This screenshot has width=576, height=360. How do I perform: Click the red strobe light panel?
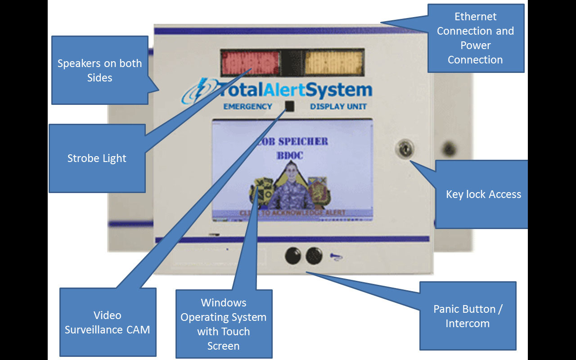click(x=251, y=63)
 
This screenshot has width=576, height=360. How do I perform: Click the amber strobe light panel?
click(x=334, y=63)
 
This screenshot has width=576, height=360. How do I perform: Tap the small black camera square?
click(x=289, y=106)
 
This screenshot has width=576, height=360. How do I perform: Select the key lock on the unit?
click(x=403, y=149)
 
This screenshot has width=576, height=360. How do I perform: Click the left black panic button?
click(x=293, y=256)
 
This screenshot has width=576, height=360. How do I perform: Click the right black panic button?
click(x=314, y=256)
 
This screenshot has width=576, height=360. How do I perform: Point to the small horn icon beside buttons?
click(x=336, y=256)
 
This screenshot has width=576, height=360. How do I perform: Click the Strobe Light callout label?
click(x=97, y=158)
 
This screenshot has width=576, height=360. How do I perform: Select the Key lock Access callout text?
click(x=483, y=194)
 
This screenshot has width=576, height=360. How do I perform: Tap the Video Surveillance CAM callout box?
click(x=108, y=322)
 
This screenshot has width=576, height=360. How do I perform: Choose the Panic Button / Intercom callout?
click(x=468, y=316)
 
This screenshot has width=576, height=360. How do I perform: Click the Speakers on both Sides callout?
click(x=99, y=70)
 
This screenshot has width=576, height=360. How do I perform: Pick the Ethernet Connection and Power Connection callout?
click(x=475, y=38)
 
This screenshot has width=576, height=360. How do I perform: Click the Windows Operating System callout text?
click(x=224, y=324)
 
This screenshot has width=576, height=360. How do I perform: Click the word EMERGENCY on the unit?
click(x=248, y=107)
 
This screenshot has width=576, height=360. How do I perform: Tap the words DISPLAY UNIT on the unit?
click(x=338, y=107)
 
